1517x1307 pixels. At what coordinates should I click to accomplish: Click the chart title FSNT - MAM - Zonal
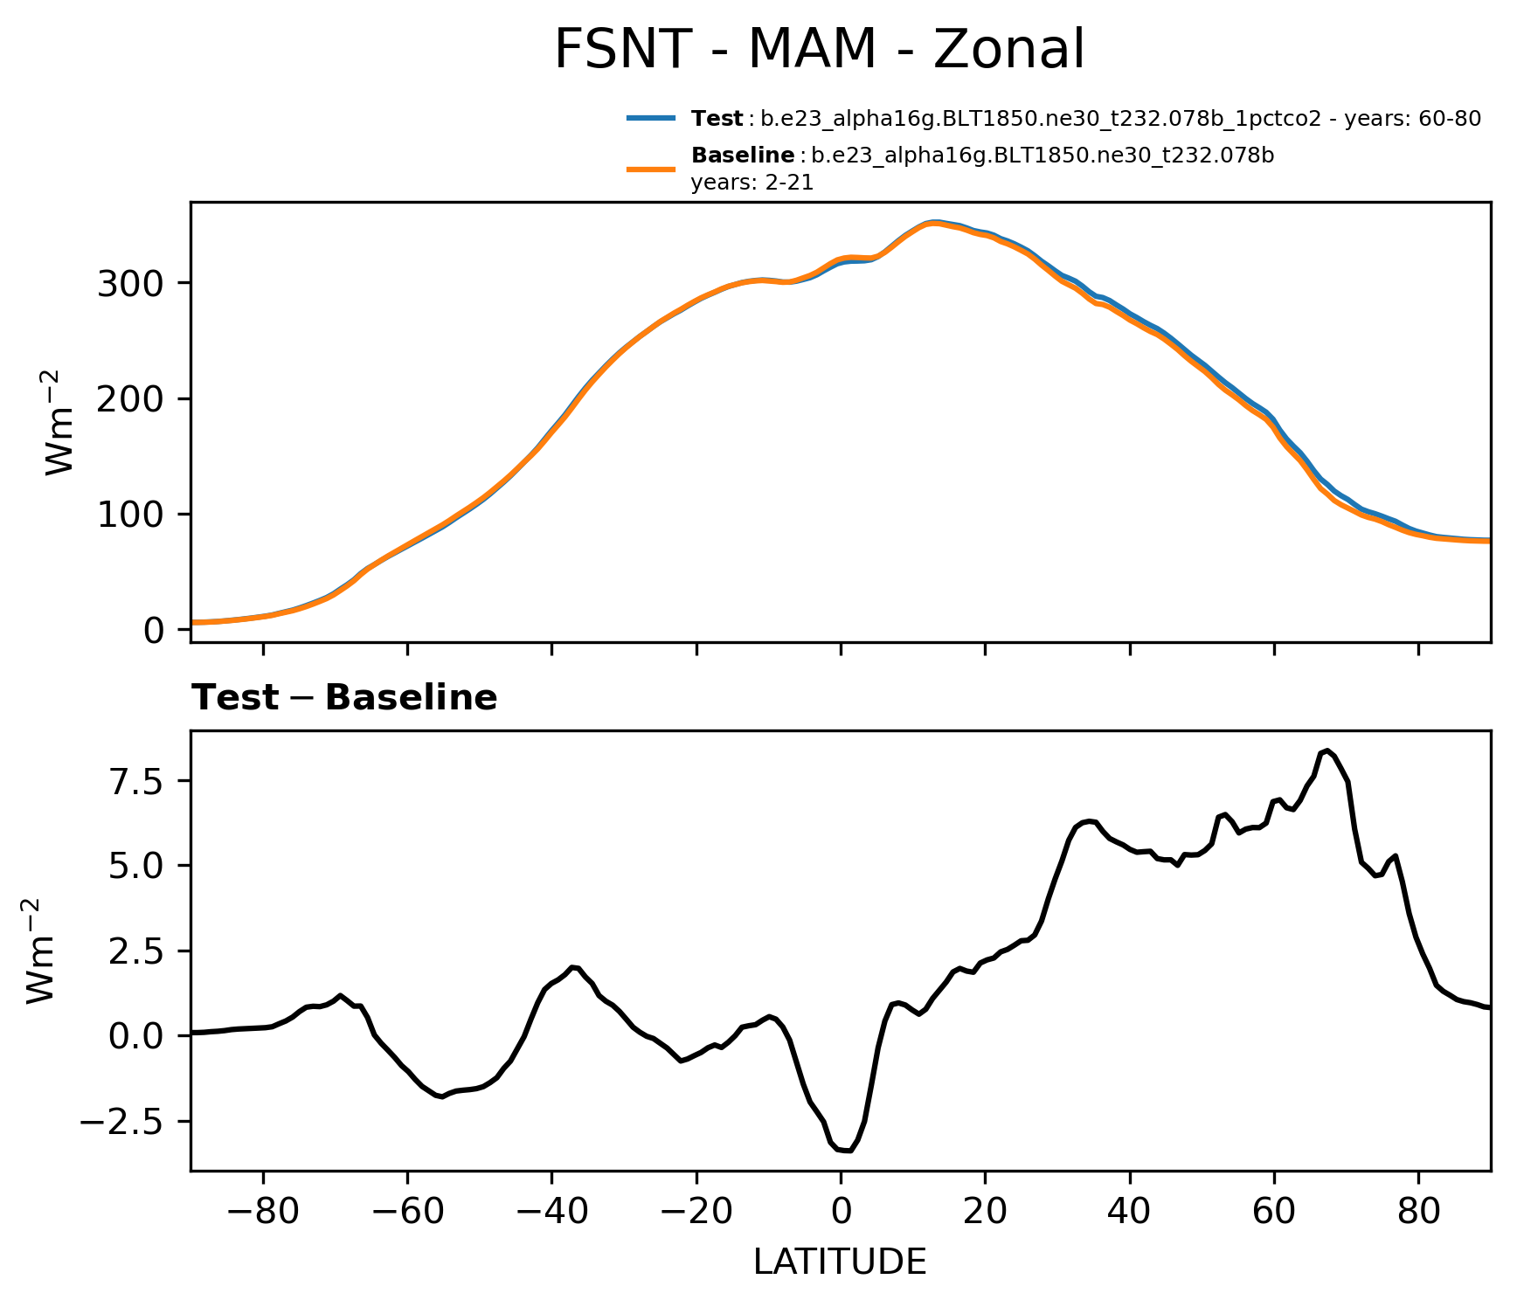[x=819, y=50]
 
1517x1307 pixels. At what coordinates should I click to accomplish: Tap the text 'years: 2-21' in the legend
[x=752, y=183]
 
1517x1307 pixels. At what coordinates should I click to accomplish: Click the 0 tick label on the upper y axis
[x=154, y=630]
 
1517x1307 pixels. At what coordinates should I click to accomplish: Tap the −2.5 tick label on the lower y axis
[x=124, y=1122]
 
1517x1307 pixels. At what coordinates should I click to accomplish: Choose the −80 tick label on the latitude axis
[x=262, y=1213]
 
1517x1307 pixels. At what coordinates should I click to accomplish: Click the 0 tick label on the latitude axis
[x=841, y=1213]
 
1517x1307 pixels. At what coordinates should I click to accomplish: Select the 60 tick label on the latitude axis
[x=1274, y=1213]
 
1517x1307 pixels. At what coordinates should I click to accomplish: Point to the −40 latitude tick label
[x=551, y=1213]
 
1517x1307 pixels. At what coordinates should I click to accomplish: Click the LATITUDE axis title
[x=840, y=1262]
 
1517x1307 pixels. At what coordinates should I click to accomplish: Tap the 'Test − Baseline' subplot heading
[x=344, y=698]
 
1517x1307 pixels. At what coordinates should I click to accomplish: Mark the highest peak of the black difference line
[x=1327, y=750]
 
